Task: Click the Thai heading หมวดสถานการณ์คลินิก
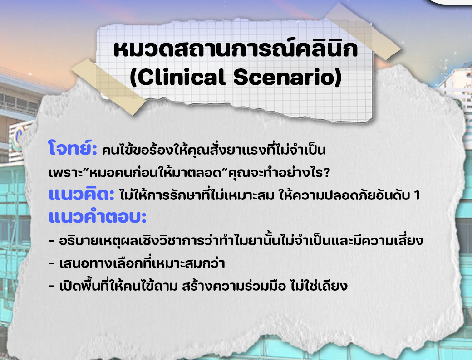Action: (236, 48)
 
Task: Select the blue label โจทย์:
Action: (72, 148)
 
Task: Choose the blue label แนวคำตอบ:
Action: (98, 217)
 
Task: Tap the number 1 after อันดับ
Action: (417, 195)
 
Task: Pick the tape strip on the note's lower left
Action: (109, 87)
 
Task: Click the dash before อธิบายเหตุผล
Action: (52, 241)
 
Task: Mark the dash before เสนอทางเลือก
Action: (52, 264)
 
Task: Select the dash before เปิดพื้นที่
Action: (52, 286)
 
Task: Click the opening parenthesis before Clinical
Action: (133, 77)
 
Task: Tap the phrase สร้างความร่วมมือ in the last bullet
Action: (234, 285)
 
